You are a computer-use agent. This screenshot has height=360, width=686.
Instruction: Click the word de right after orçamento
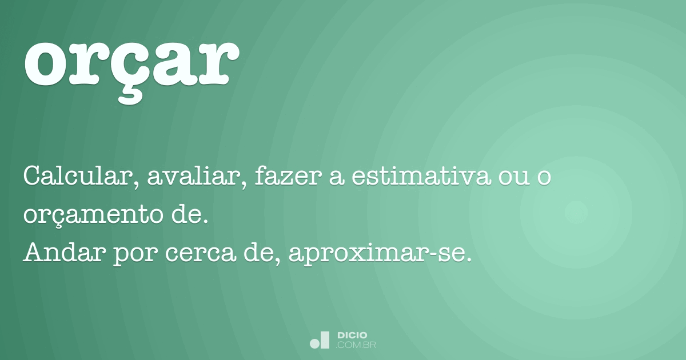coord(187,215)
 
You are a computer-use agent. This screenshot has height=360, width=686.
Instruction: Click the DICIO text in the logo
coord(352,335)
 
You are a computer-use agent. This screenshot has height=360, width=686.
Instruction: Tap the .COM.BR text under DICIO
coord(356,345)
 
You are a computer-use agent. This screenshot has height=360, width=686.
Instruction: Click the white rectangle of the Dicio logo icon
coord(325,339)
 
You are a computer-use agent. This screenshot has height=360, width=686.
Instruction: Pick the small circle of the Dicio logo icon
coord(314,343)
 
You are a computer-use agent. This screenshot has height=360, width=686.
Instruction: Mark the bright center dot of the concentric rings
coord(576,212)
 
